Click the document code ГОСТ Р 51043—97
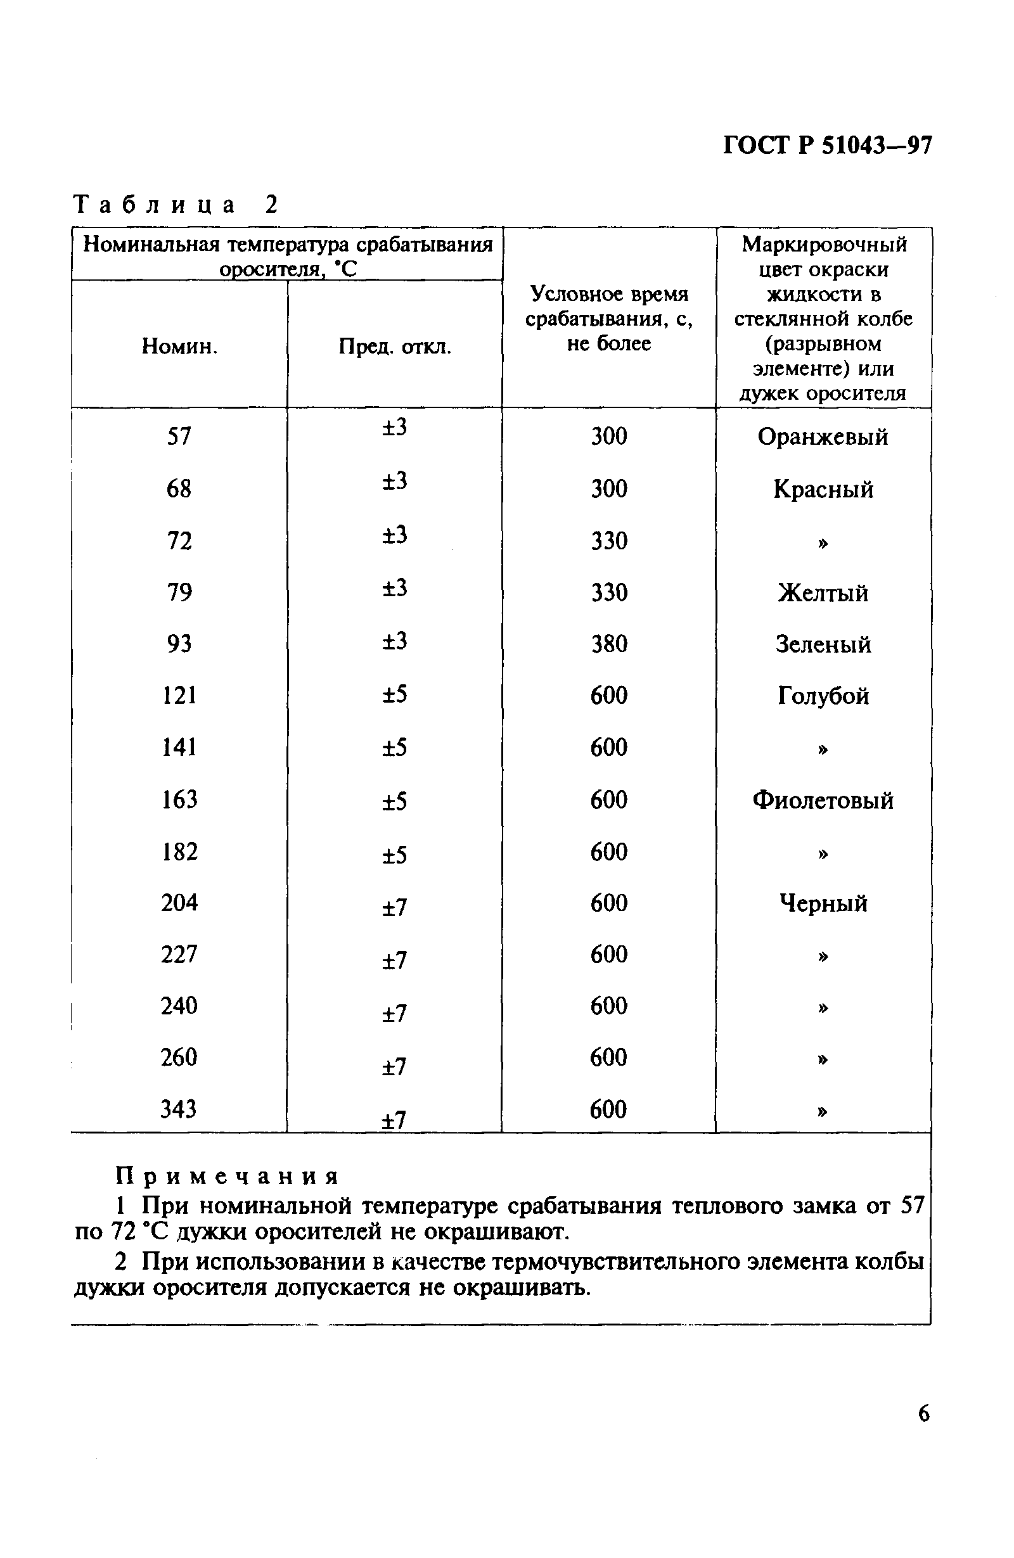point(827,144)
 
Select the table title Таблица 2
point(176,205)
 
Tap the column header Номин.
point(179,347)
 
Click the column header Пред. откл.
point(395,347)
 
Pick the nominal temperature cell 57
point(179,436)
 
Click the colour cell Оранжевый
point(823,437)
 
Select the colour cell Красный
point(823,489)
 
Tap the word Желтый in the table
point(823,593)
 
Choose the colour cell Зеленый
point(823,644)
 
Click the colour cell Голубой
point(823,695)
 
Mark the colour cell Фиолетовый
point(823,800)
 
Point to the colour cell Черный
point(823,904)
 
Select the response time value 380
point(609,644)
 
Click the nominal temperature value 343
point(179,1109)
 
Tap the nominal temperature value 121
point(179,694)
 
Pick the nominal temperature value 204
point(179,903)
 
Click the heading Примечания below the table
point(226,1177)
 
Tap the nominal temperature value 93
point(179,644)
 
